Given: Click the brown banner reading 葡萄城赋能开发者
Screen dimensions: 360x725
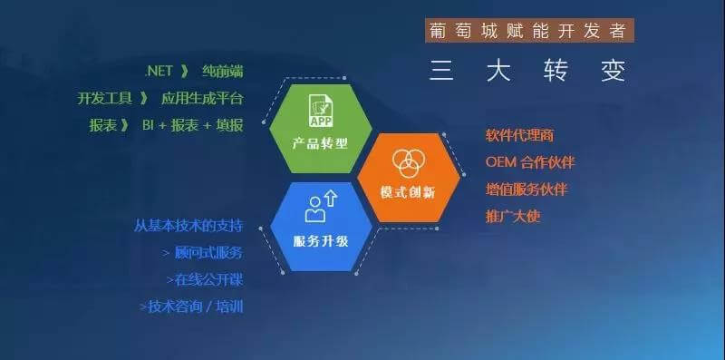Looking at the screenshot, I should [529, 30].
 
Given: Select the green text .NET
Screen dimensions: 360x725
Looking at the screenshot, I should [159, 72].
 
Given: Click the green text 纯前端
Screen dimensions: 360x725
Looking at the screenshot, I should [221, 72].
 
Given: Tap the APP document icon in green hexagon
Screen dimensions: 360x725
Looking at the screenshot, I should [320, 110].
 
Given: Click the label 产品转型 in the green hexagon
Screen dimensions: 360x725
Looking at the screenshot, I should [320, 143].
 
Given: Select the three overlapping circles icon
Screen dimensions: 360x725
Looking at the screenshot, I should [408, 161].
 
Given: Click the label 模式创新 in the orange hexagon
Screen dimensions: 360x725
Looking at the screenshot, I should [408, 193].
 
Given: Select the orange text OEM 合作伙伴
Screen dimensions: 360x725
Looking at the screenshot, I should [530, 162].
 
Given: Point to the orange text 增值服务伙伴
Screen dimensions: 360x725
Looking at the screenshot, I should [526, 190].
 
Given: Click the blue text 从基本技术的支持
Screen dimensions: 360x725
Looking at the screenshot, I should [188, 225].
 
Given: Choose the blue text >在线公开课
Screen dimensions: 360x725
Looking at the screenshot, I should [204, 279].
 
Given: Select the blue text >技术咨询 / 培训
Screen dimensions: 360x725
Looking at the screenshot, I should [191, 306].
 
